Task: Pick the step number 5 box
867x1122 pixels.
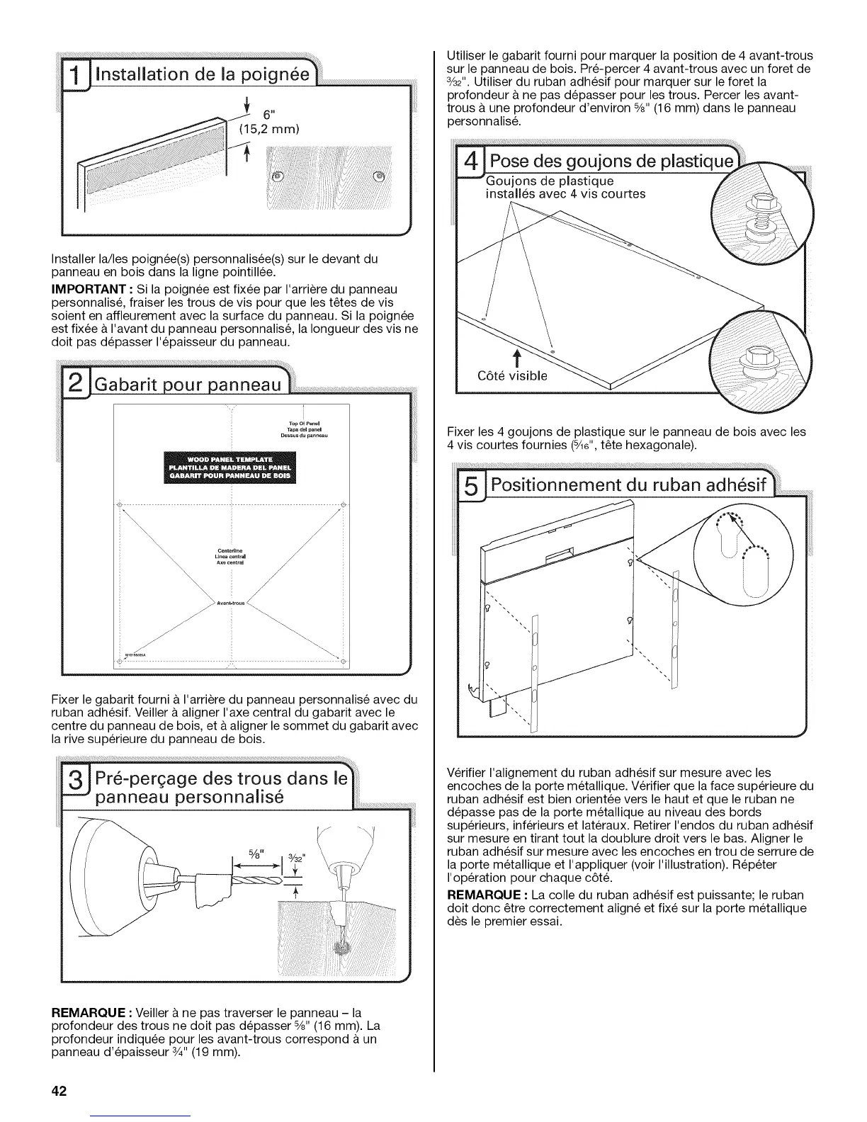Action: tap(468, 488)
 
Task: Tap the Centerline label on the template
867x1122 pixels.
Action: tap(233, 549)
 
